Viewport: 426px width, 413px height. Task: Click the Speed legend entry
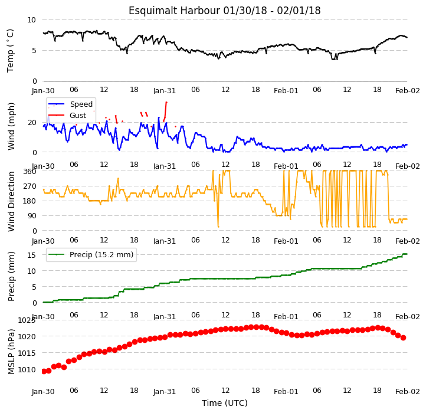(70, 104)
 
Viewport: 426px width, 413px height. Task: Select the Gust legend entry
(67, 116)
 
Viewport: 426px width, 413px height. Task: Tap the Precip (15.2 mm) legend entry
(91, 255)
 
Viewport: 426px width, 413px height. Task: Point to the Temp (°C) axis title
(10, 51)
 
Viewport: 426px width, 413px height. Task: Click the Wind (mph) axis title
(11, 126)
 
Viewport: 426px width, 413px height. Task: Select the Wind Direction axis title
(11, 201)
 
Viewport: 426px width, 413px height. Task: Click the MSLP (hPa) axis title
(11, 352)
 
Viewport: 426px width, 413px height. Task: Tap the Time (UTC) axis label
(225, 403)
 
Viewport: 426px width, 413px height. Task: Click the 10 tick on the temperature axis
(31, 20)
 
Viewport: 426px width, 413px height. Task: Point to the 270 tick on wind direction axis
(30, 186)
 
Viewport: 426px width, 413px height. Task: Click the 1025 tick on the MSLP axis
(27, 320)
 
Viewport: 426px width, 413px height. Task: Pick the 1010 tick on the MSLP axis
(27, 370)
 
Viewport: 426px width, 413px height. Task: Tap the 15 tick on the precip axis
(31, 255)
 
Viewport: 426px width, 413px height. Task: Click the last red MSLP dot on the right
(403, 337)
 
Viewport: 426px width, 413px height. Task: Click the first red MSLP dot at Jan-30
(44, 371)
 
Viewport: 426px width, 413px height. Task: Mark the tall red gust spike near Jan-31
(165, 112)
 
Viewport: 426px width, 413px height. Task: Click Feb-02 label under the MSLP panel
(408, 392)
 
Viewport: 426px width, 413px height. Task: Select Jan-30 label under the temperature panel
(43, 91)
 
